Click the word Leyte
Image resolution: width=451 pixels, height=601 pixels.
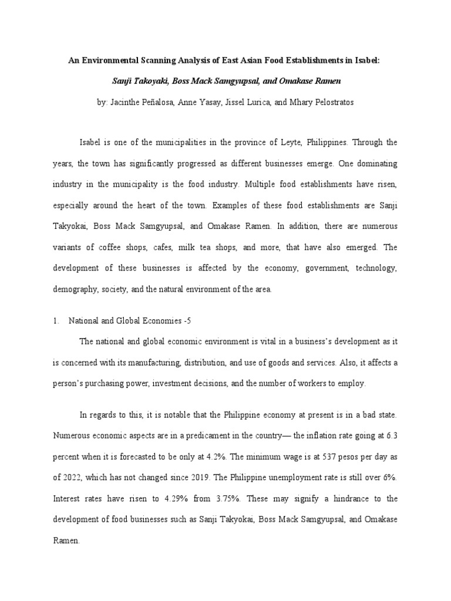[292, 142]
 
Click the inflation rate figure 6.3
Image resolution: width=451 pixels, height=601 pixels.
[392, 436]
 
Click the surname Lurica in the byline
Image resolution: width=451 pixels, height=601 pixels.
[257, 102]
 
